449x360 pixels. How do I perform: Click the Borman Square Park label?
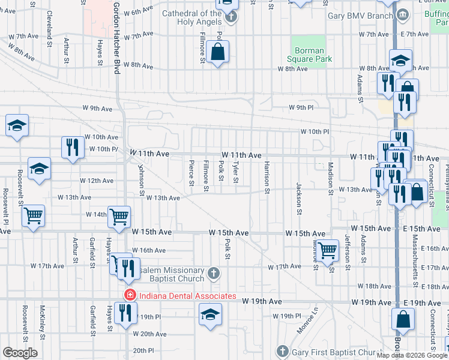309,55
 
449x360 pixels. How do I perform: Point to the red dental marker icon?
128,296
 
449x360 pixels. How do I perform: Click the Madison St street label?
330,179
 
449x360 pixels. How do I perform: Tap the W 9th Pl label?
301,108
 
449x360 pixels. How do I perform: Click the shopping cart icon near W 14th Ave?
119,217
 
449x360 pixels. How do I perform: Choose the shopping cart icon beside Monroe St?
327,250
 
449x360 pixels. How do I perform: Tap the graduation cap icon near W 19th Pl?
210,314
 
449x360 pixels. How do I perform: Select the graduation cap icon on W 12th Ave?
39,169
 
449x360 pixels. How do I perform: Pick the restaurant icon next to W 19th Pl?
125,313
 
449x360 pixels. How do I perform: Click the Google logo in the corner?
20,353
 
